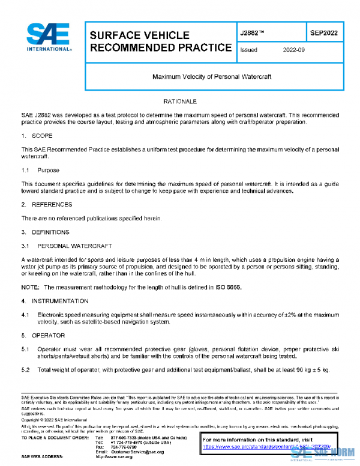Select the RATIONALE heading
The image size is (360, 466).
pos(180,102)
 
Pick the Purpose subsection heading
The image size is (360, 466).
pos(49,171)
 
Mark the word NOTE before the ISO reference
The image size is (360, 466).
pos(31,288)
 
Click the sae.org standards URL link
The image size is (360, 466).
pos(270,447)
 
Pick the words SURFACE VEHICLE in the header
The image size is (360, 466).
pos(139,35)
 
